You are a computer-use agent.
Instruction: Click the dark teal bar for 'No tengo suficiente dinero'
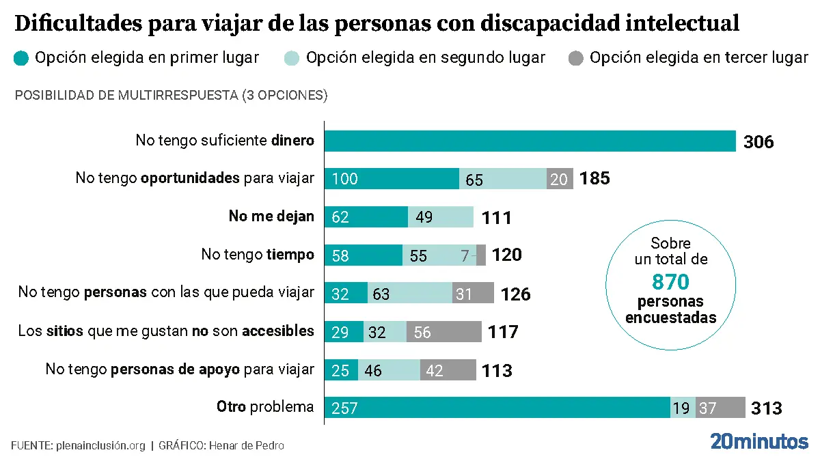pyautogui.click(x=530, y=141)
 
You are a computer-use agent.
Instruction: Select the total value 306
pyautogui.click(x=758, y=142)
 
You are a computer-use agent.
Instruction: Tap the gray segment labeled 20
pyautogui.click(x=560, y=179)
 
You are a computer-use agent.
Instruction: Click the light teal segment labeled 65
pyautogui.click(x=502, y=179)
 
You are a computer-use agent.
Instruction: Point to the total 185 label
pyautogui.click(x=594, y=179)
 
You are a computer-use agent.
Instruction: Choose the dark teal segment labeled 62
pyautogui.click(x=366, y=217)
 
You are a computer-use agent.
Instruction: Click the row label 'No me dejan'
pyautogui.click(x=271, y=216)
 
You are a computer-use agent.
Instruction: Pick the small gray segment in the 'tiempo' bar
pyautogui.click(x=481, y=255)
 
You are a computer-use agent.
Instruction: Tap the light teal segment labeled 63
pyautogui.click(x=410, y=293)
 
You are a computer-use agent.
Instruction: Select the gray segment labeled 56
pyautogui.click(x=443, y=331)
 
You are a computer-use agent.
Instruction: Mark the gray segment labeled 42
pyautogui.click(x=448, y=369)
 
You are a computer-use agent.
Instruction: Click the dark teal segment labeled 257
pyautogui.click(x=497, y=408)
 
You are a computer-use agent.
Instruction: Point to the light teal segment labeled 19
pyautogui.click(x=683, y=408)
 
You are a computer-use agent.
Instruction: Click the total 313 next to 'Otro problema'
pyautogui.click(x=766, y=408)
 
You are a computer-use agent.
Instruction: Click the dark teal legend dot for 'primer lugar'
pyautogui.click(x=21, y=59)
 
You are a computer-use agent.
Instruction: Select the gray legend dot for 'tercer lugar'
pyautogui.click(x=576, y=59)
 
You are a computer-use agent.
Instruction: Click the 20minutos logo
pyautogui.click(x=758, y=441)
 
